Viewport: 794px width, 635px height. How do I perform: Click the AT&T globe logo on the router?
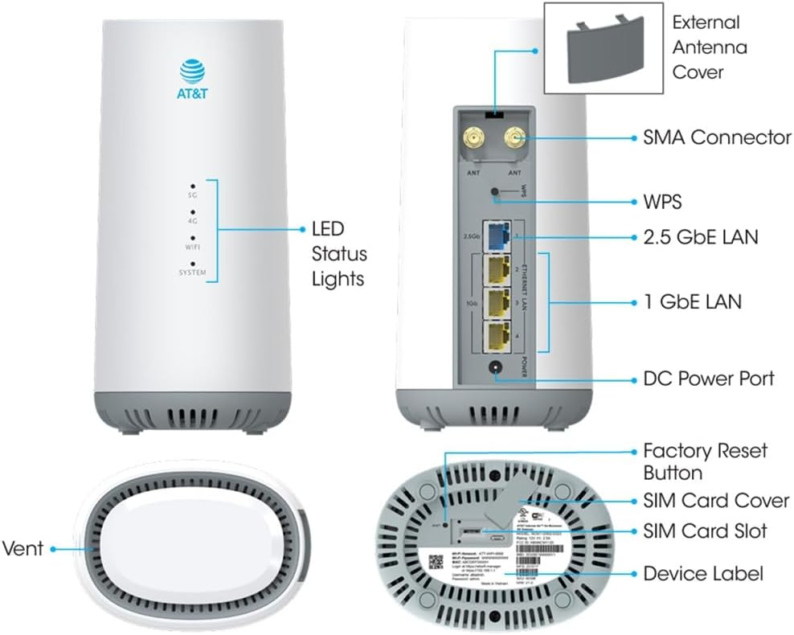tap(193, 72)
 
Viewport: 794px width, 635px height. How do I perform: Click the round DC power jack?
tap(496, 371)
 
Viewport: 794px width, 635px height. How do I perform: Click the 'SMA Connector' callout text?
tap(717, 137)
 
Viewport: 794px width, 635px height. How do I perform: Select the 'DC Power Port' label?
tap(709, 377)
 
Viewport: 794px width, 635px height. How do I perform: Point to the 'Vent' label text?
tap(23, 549)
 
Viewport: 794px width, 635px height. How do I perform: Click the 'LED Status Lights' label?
tap(338, 253)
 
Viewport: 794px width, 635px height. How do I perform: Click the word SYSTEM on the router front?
tap(193, 273)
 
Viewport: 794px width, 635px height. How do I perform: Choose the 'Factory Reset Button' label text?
tap(705, 461)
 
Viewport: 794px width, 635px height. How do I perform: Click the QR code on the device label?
tap(434, 559)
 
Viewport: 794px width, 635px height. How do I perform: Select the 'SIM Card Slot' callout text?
tap(705, 531)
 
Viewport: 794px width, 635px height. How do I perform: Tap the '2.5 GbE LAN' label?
tap(701, 237)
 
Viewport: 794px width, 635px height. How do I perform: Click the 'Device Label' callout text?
tap(702, 574)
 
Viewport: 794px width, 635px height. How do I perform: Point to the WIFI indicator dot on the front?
tap(193, 238)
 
